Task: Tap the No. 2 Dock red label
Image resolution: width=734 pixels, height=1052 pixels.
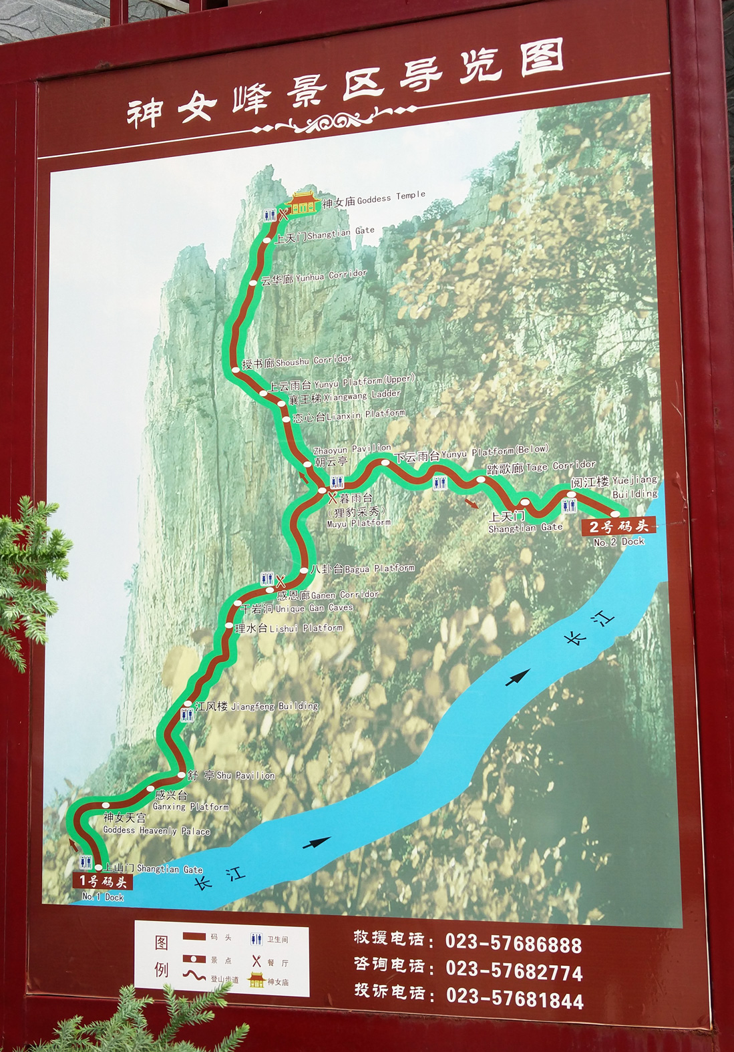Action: [x=618, y=526]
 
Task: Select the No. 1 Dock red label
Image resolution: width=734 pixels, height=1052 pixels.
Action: [x=103, y=882]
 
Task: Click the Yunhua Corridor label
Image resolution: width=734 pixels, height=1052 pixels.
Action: [x=313, y=277]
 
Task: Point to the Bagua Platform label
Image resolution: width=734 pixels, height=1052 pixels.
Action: [x=362, y=569]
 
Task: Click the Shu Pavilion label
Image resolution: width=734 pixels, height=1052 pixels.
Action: [x=230, y=775]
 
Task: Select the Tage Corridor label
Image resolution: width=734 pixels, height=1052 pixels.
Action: [x=541, y=467]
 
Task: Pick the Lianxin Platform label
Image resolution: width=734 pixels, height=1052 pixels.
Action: [x=349, y=416]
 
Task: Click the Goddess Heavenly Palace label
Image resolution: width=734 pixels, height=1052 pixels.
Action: [x=156, y=824]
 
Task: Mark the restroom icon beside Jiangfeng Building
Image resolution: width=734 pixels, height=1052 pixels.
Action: [x=187, y=715]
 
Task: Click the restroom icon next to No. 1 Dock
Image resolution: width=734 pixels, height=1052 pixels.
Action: [x=85, y=862]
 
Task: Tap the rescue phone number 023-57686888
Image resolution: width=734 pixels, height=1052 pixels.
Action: [x=513, y=944]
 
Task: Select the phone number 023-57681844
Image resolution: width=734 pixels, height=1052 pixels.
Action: [x=514, y=999]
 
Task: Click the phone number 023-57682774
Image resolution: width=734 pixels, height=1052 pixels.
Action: [x=514, y=971]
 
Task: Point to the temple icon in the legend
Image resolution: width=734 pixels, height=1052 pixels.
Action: [x=256, y=980]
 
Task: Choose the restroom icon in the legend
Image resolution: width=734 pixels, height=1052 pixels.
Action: [x=256, y=939]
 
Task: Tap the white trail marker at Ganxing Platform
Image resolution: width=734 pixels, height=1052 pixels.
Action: [x=150, y=789]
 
